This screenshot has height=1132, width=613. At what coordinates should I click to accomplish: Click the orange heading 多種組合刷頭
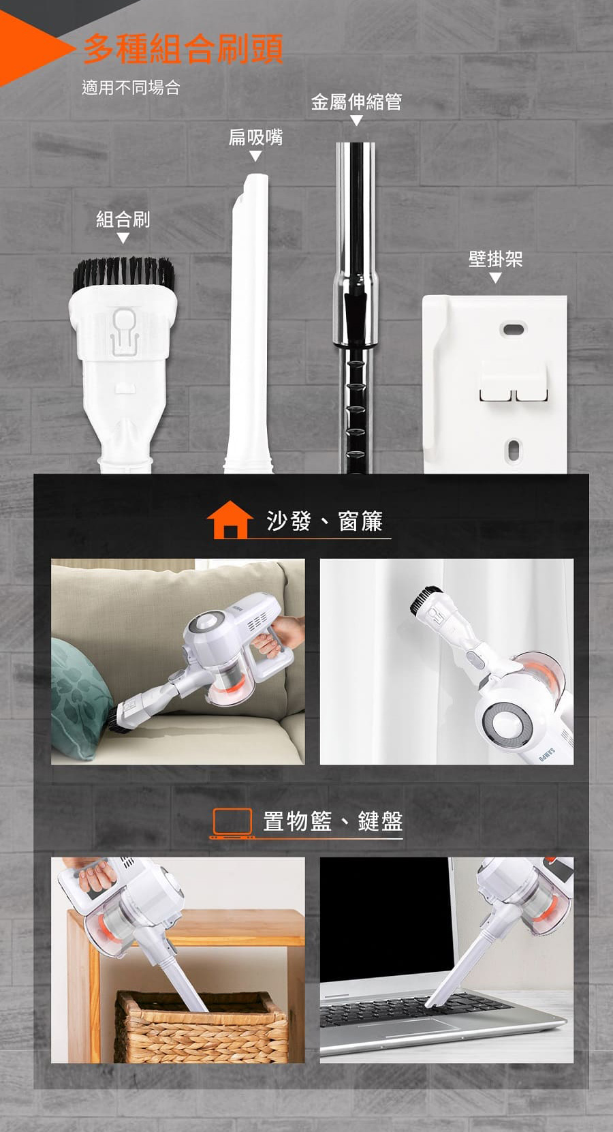tap(183, 49)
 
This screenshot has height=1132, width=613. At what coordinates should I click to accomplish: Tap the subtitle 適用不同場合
tap(131, 87)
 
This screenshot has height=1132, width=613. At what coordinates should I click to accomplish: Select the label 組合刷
tap(123, 219)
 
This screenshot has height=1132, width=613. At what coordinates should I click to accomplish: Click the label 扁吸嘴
tap(255, 137)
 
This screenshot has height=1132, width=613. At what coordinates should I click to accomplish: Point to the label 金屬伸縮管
tap(356, 102)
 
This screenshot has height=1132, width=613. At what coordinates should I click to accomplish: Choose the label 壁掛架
tap(495, 259)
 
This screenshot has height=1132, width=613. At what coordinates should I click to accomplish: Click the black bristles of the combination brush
tap(123, 274)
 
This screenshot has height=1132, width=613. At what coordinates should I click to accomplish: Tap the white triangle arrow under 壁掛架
tap(495, 277)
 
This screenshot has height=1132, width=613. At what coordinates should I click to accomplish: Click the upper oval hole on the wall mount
tap(513, 329)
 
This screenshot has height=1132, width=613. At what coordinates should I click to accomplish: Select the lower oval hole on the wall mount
tap(513, 450)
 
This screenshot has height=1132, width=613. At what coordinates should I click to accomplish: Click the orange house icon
tap(230, 520)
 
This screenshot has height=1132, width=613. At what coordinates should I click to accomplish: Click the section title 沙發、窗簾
tap(324, 521)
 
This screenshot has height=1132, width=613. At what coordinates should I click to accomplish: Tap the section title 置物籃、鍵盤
tap(333, 821)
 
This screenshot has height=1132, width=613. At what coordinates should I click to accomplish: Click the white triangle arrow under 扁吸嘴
tap(255, 156)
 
